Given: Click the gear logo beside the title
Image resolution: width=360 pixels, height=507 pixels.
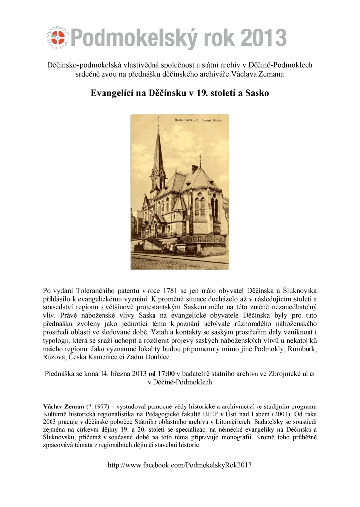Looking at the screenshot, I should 58,37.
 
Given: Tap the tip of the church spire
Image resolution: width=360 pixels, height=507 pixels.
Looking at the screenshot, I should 159,120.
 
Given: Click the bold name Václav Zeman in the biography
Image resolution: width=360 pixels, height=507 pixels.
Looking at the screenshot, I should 64,407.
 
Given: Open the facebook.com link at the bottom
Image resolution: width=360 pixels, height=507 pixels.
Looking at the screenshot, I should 180,465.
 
